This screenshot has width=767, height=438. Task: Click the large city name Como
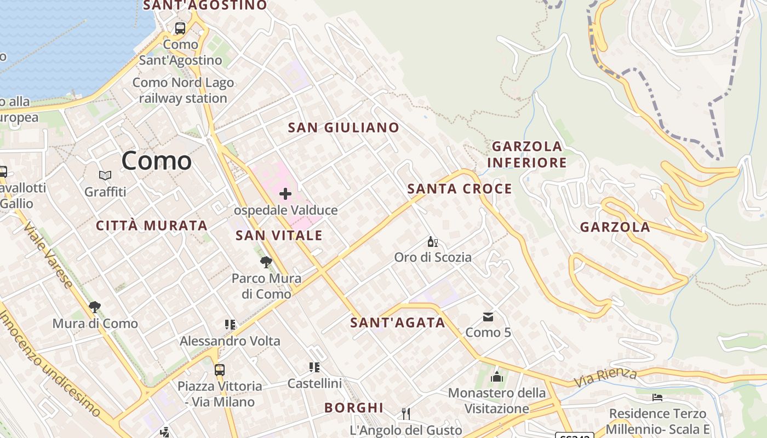(156, 160)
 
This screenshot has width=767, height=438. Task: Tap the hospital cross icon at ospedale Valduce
(285, 194)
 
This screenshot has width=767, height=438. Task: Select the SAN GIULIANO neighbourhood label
(344, 128)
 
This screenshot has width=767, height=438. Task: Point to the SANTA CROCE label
(460, 189)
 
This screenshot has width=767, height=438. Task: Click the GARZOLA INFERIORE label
(526, 154)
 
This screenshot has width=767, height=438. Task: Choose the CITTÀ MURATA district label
(151, 225)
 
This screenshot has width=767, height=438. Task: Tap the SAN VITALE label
(279, 235)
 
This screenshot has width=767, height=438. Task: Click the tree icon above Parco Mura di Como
(266, 262)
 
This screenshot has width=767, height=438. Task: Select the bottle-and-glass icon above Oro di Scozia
(433, 241)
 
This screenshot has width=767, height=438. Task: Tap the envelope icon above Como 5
(488, 317)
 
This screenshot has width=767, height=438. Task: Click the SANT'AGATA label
(398, 322)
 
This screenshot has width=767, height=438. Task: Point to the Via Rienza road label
(605, 377)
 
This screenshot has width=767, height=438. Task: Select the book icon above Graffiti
(105, 176)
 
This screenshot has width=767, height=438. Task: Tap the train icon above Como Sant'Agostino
(180, 28)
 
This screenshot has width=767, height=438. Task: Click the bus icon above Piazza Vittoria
(220, 370)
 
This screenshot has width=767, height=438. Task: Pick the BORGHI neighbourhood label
(353, 407)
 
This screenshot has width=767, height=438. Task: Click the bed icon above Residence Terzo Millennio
(657, 397)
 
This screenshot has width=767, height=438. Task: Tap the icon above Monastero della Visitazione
(497, 377)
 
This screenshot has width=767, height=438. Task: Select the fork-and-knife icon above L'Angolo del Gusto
(406, 414)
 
